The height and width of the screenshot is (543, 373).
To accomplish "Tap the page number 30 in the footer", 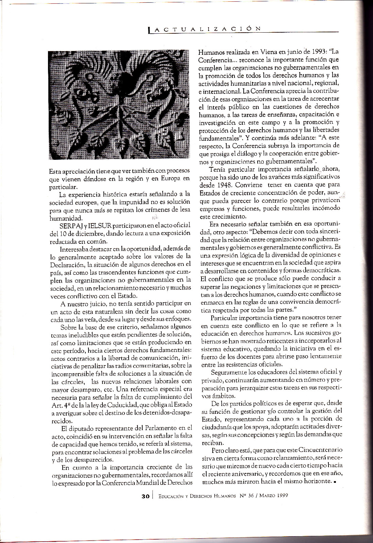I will [x=146, y=496].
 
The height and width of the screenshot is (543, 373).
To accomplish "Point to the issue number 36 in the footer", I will [x=250, y=495].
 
